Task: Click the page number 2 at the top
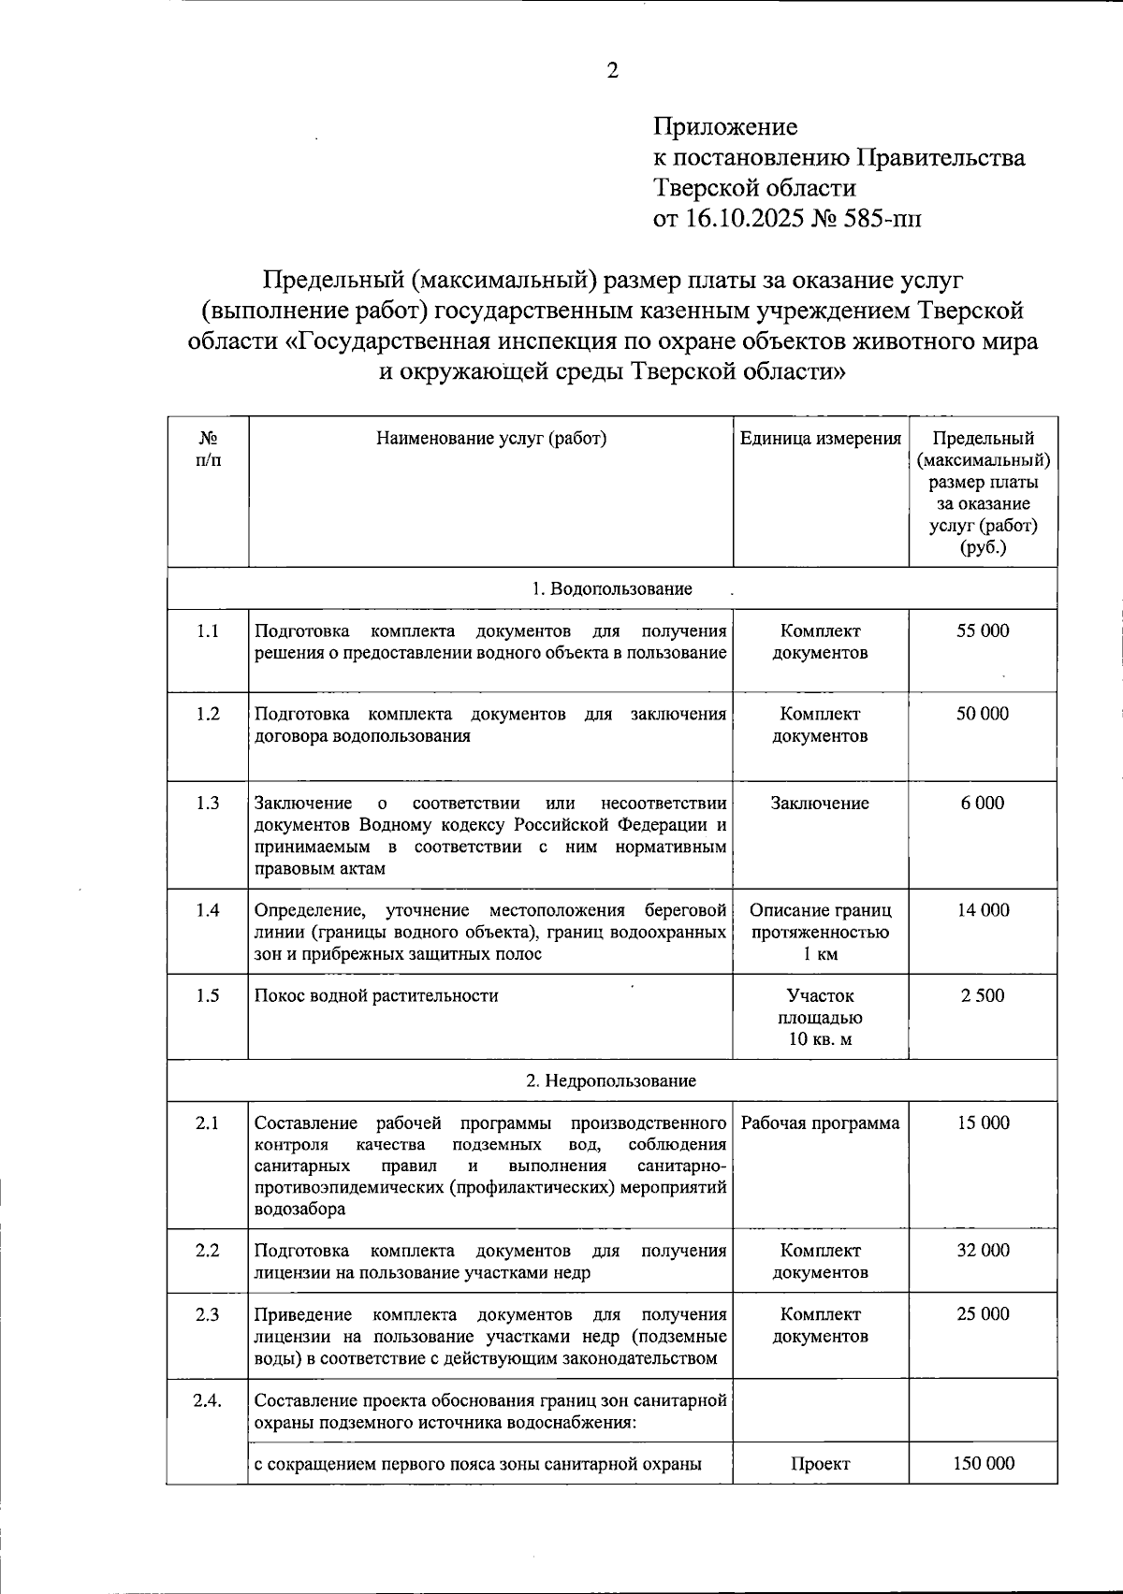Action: pos(613,71)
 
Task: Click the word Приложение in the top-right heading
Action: pos(725,126)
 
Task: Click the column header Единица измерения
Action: pos(821,439)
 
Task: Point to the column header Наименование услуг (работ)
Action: pos(490,439)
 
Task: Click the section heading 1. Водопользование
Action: pos(612,589)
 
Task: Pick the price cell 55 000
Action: pos(983,631)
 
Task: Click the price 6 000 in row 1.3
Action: pos(982,804)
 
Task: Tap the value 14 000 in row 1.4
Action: pos(983,910)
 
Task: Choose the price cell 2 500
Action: pos(983,996)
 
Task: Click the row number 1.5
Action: pos(208,996)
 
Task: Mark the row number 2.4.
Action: pos(208,1401)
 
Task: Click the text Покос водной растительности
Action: pos(376,996)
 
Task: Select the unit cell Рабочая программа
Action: pos(821,1123)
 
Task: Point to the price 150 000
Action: pos(983,1464)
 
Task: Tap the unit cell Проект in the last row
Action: pos(821,1464)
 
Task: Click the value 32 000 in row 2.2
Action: pos(983,1251)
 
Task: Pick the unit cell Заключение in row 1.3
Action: pos(821,804)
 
